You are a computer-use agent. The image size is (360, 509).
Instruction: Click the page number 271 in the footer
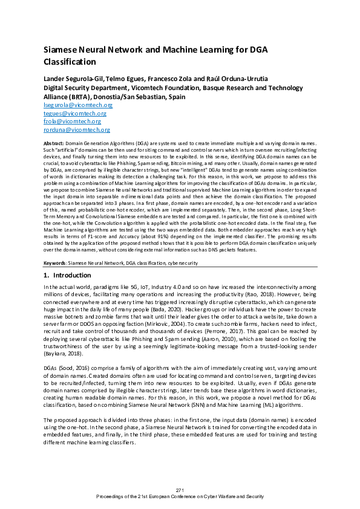coord(180,489)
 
